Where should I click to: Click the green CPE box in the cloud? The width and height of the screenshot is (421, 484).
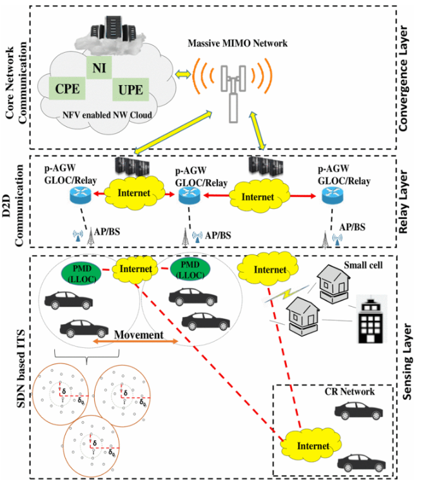[67, 88]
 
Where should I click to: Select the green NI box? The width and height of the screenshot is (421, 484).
[99, 67]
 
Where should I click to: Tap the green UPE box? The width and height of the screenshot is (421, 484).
[131, 90]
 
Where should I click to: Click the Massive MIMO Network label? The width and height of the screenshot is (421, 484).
[237, 43]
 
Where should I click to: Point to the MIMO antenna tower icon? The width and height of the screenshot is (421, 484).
[233, 93]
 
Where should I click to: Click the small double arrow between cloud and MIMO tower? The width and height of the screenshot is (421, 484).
[183, 74]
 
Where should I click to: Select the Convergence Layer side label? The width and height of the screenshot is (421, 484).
[403, 79]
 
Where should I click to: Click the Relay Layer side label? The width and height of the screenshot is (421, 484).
[403, 202]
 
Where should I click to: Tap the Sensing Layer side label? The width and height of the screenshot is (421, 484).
[407, 362]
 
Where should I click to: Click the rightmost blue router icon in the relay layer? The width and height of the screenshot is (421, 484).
[333, 196]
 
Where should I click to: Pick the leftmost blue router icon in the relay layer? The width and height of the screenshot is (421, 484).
[81, 195]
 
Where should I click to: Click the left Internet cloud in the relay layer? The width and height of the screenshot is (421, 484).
[134, 193]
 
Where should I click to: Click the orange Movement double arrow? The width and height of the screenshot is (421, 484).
[135, 341]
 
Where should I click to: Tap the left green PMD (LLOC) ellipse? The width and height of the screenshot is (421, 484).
[82, 273]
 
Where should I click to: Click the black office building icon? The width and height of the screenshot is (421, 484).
[371, 320]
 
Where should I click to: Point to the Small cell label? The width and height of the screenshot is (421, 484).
[363, 265]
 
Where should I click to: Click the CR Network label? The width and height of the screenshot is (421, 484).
[349, 392]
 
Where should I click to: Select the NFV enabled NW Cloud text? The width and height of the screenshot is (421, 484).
[107, 115]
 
